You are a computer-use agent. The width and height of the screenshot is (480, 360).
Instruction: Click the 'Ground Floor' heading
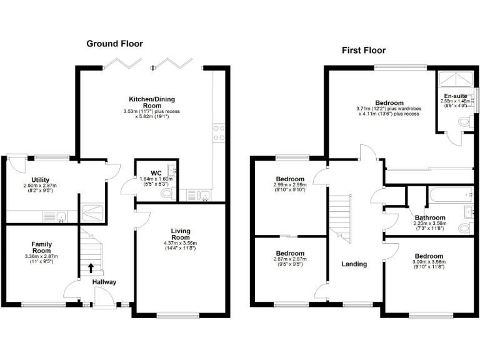(114, 44)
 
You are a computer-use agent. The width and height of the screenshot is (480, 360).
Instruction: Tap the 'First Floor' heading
(363, 51)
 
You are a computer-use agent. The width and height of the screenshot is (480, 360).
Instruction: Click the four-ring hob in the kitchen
(219, 132)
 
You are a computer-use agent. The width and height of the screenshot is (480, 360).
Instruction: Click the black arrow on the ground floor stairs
(91, 268)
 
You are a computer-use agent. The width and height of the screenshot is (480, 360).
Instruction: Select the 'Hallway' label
(104, 282)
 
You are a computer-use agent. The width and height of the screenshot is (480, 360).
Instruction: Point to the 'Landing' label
(354, 264)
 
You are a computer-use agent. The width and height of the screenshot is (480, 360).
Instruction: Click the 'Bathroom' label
(429, 218)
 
